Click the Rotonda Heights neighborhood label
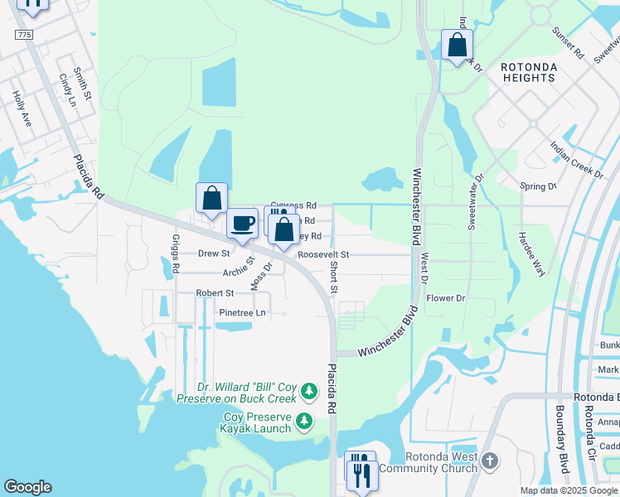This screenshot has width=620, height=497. pyautogui.click(x=528, y=71)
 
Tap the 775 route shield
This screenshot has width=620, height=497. pyautogui.click(x=23, y=34)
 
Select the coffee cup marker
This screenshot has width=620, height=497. pyautogui.click(x=243, y=222)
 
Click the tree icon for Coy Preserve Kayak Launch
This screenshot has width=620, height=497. pyautogui.click(x=305, y=421)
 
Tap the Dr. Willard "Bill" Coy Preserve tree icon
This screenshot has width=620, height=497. pyautogui.click(x=308, y=389)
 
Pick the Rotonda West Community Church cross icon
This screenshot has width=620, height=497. pyautogui.click(x=489, y=461)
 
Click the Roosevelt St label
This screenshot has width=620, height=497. pyautogui.click(x=324, y=254)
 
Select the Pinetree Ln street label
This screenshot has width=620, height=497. pyautogui.click(x=242, y=312)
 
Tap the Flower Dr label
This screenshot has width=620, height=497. pyautogui.click(x=446, y=298)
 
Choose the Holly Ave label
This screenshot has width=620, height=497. pyautogui.click(x=21, y=109)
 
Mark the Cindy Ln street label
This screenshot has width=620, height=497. pyautogui.click(x=66, y=90)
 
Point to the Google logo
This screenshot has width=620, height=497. pyautogui.click(x=27, y=487)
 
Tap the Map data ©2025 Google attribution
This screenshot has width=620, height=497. pyautogui.click(x=568, y=490)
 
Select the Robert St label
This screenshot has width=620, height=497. pyautogui.click(x=215, y=293)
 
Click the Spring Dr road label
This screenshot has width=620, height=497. pyautogui.click(x=538, y=186)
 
